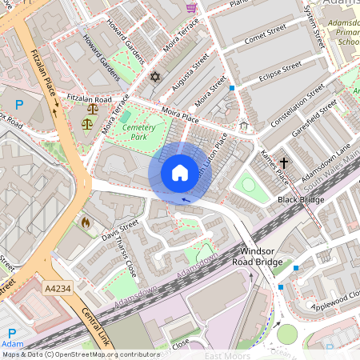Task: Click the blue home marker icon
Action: coord(180,172)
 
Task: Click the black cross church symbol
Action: coord(284,161)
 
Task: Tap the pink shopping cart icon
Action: coord(191,7)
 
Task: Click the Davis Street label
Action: coord(120,229)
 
